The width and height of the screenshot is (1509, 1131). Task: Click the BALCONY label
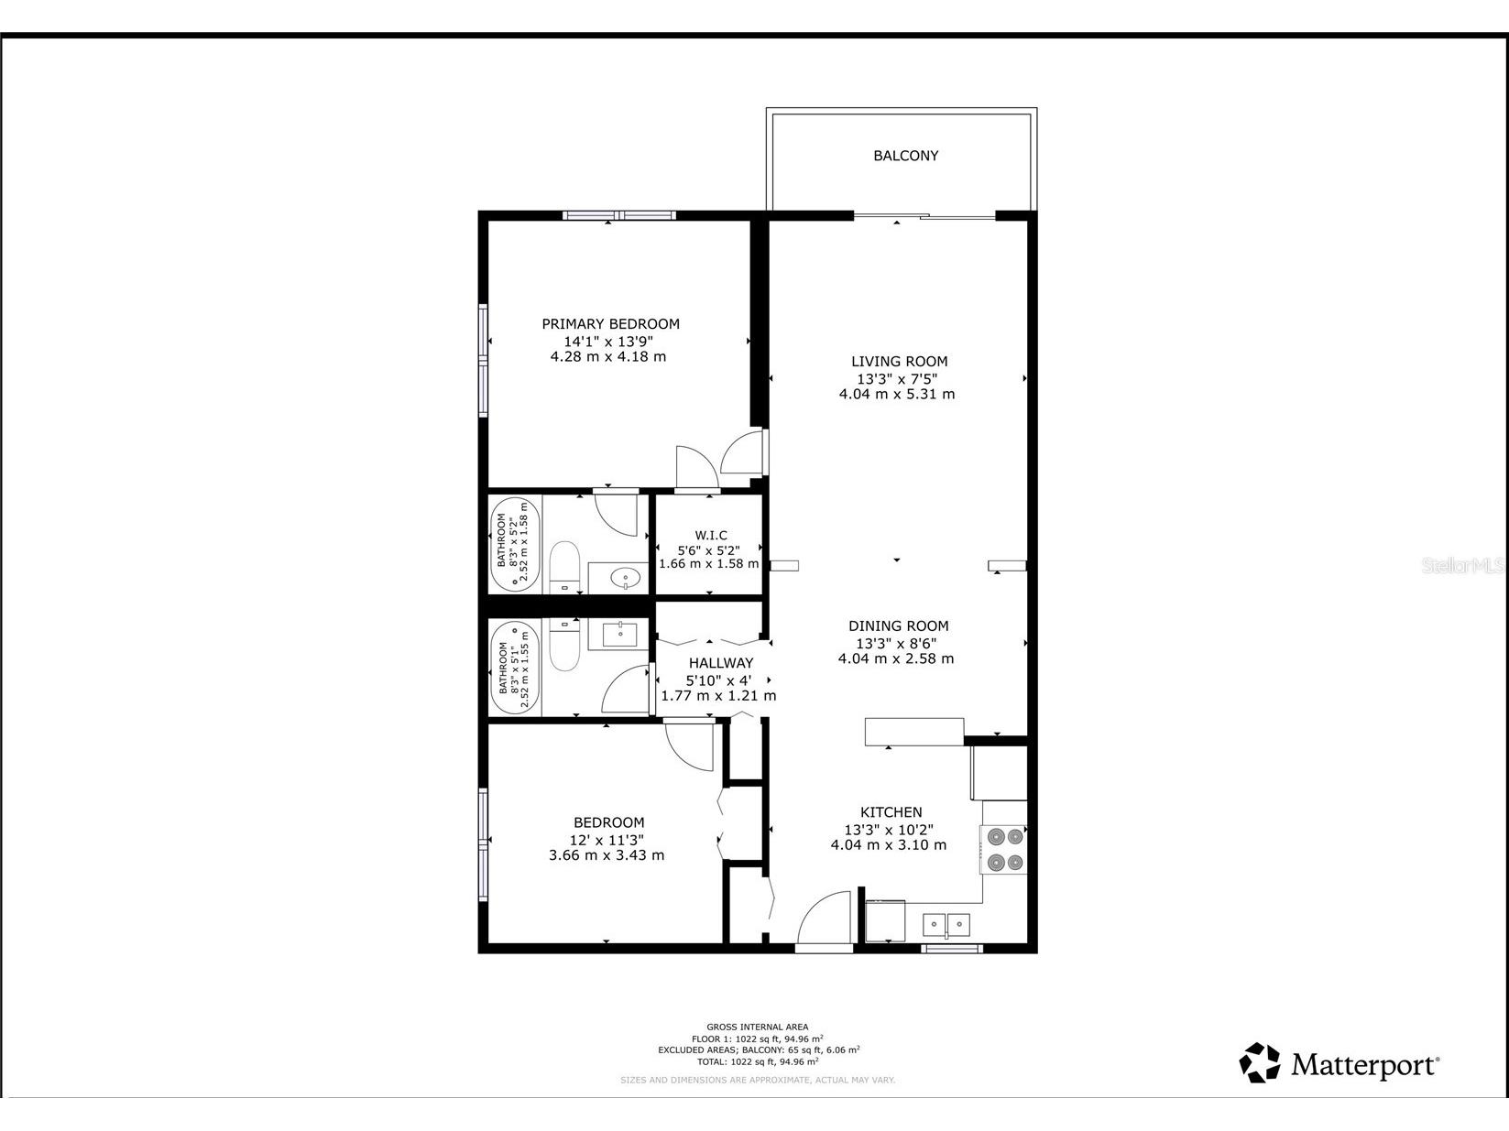pyautogui.click(x=905, y=156)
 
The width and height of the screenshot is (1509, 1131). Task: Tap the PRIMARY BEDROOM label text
pyautogui.click(x=610, y=323)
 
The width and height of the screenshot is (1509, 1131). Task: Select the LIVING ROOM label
pyautogui.click(x=899, y=361)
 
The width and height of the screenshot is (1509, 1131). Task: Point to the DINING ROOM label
pyautogui.click(x=898, y=625)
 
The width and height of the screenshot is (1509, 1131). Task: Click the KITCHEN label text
pyautogui.click(x=891, y=811)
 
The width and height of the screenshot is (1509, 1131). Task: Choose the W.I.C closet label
pyautogui.click(x=710, y=535)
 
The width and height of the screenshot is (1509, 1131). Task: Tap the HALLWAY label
pyautogui.click(x=720, y=662)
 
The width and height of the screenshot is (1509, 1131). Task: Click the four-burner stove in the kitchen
pyautogui.click(x=1003, y=849)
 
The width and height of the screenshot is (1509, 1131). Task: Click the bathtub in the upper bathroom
pyautogui.click(x=515, y=544)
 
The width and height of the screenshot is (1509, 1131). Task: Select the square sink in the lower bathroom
pyautogui.click(x=621, y=634)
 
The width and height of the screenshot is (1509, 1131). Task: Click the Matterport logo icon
pyautogui.click(x=1260, y=1063)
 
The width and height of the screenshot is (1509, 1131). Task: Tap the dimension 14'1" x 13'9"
pyautogui.click(x=607, y=340)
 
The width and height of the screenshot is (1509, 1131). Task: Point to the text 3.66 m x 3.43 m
pyautogui.click(x=606, y=855)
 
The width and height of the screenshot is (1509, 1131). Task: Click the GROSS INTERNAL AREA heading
pyautogui.click(x=757, y=1027)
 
